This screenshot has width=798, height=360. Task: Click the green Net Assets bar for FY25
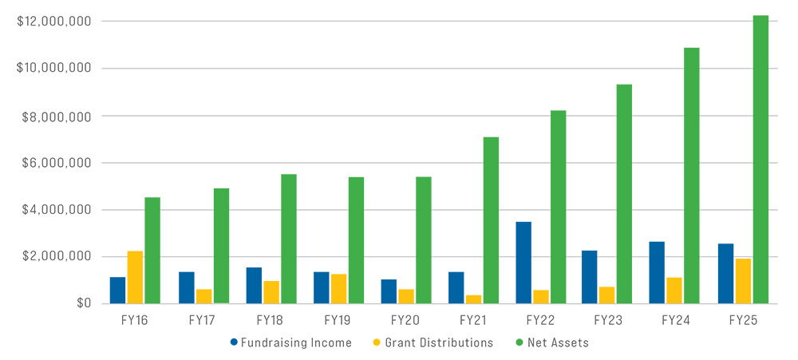tap(760, 160)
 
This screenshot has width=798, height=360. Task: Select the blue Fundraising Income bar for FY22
tap(523, 263)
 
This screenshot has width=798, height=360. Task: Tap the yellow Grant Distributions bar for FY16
tap(135, 277)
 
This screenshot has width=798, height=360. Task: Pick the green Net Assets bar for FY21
tap(491, 220)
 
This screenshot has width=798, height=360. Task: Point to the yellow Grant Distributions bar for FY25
tap(743, 281)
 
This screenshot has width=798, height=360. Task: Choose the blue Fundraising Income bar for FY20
tap(389, 291)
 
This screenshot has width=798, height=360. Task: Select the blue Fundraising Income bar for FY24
tap(657, 272)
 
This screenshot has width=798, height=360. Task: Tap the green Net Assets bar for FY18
tap(288, 239)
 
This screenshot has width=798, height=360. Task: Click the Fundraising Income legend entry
tap(290, 343)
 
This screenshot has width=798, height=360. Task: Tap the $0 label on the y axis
tap(83, 303)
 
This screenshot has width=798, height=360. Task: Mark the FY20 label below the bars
tap(405, 321)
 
